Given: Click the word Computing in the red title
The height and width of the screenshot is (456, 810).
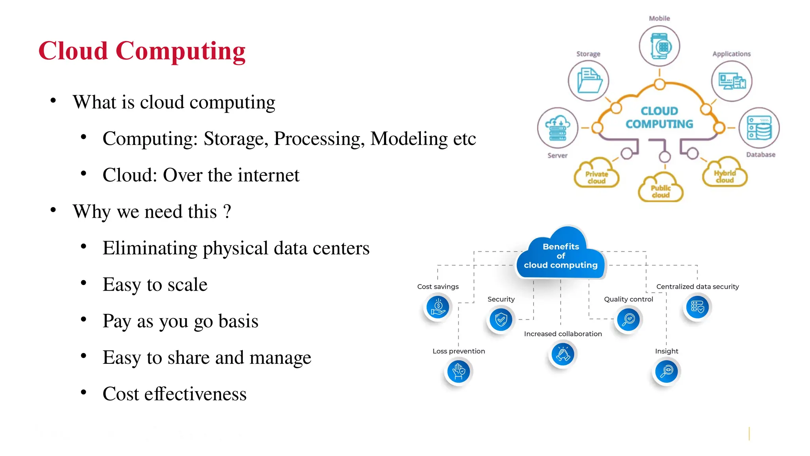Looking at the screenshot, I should pos(180,52).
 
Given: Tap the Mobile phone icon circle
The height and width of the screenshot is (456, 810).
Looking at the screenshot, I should pos(659,46).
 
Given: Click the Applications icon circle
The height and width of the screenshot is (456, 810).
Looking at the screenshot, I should pos(732,81).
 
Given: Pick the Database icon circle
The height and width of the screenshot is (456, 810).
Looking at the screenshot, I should pos(759,128).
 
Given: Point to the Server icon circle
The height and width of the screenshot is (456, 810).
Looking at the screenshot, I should pos(558,128).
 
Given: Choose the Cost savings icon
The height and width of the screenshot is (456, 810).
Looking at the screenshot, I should pos(438,307).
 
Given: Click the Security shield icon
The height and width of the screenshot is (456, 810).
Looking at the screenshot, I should pos(501,319).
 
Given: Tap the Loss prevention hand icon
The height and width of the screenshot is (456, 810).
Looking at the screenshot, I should pos(458,371).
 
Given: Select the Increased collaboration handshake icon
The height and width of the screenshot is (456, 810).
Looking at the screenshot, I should pos(563,354).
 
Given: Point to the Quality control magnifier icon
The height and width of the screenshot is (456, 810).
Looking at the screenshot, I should pos(628,319).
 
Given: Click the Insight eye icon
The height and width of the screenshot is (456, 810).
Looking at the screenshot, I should pos(666,371).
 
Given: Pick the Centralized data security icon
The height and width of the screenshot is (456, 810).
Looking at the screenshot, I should pos(697,307).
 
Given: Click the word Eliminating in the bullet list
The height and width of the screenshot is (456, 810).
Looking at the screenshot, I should pos(150,249).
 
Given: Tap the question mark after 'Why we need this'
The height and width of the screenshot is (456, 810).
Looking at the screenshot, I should pos(227,211).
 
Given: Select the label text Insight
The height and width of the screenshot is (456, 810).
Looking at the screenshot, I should pos(666,351).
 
